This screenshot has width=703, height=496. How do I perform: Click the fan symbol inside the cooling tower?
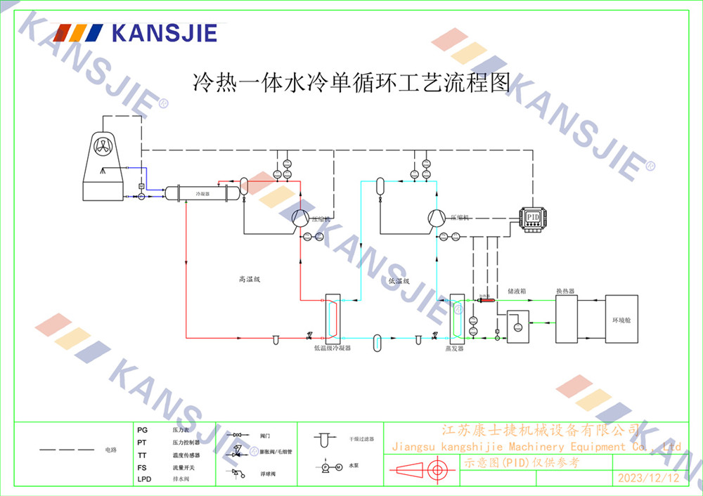tap(103, 148)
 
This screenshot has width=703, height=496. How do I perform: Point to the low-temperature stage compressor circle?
tap(436, 218)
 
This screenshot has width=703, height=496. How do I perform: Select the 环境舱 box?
tap(622, 319)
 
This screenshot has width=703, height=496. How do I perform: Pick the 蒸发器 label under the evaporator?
tap(454, 347)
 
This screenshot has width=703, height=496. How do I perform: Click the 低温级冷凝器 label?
tap(332, 347)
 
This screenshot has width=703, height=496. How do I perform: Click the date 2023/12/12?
tap(648, 478)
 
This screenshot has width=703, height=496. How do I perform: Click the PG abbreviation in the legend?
tap(142, 429)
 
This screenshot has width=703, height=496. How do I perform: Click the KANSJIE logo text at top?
tap(165, 33)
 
